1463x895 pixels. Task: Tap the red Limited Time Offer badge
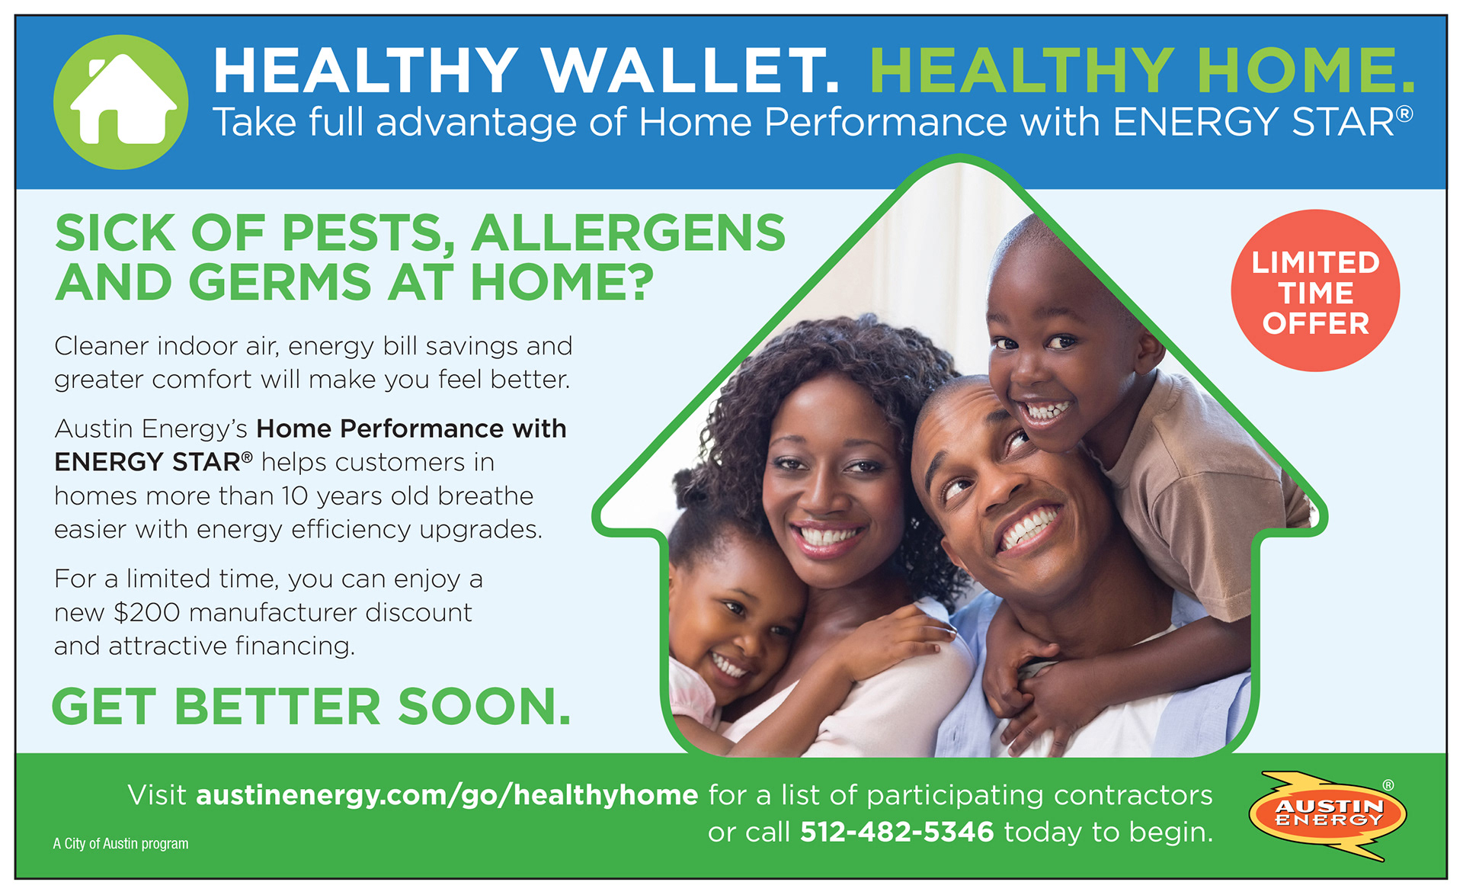click(x=1315, y=290)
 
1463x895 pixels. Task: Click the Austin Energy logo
click(x=1327, y=816)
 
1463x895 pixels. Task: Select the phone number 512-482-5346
click(x=897, y=832)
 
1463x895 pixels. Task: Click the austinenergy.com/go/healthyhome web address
click(x=447, y=796)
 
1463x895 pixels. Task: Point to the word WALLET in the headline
click(x=690, y=70)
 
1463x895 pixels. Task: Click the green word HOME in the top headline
click(x=1305, y=70)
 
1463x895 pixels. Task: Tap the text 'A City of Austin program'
click(x=120, y=844)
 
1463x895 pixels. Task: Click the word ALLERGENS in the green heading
click(x=629, y=233)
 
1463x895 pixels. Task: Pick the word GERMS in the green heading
click(x=280, y=282)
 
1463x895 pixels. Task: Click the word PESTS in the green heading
click(x=369, y=233)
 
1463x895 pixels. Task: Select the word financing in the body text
click(x=295, y=646)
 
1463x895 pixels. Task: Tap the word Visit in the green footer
click(x=157, y=795)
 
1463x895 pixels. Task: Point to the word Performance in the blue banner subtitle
click(x=885, y=122)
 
